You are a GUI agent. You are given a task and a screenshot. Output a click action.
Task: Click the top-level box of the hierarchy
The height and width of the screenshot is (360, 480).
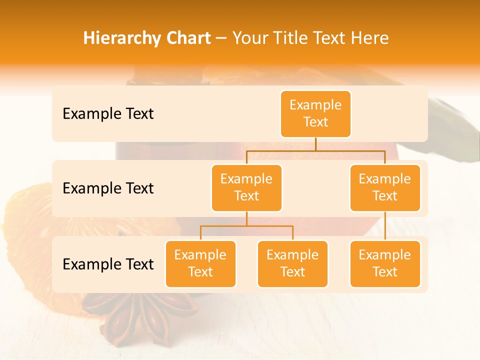pos(315,113)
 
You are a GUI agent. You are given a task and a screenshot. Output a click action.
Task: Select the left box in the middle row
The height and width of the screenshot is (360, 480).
pos(246,187)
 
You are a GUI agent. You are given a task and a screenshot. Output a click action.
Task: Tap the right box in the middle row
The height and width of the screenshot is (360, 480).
pos(385,187)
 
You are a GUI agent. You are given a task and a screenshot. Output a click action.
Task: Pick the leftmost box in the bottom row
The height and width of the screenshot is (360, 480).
pos(200,263)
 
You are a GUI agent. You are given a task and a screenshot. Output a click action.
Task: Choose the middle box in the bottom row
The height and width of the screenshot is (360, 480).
pos(292,263)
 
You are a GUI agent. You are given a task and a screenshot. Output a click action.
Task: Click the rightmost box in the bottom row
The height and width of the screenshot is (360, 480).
pos(385,263)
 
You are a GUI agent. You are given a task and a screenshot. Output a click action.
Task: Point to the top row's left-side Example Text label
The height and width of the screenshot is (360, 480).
pos(108,114)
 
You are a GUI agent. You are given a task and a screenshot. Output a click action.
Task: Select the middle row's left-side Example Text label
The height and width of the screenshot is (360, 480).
pos(108,188)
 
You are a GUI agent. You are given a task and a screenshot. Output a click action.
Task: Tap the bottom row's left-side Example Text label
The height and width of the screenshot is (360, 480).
pos(108,264)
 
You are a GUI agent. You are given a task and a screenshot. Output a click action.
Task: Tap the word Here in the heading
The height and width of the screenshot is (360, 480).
pos(370,38)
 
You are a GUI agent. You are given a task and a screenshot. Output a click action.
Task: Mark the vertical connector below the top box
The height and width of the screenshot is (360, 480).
pos(315,144)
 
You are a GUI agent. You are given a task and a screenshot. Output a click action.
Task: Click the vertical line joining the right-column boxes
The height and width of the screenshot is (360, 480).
pos(385,226)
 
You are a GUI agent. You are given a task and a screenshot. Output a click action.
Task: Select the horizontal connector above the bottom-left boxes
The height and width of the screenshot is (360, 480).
pos(246,226)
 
